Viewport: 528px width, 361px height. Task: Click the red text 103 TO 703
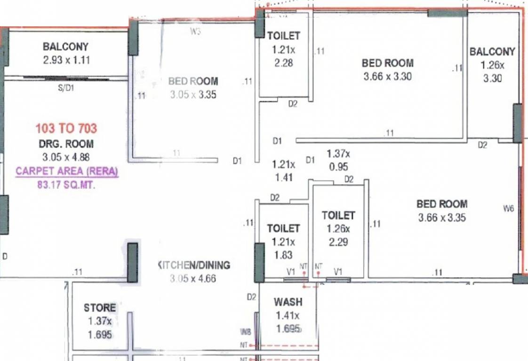[66, 128]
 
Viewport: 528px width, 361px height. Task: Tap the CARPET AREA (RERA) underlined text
[67, 172]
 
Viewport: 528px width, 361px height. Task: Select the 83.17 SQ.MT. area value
[66, 185]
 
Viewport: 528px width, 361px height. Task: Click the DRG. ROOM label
[66, 144]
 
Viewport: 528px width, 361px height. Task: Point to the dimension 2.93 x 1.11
[65, 60]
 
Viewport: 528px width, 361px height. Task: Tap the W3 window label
[195, 32]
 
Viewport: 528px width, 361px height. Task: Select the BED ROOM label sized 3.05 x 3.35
[193, 81]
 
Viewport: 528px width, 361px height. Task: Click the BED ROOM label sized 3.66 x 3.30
[387, 63]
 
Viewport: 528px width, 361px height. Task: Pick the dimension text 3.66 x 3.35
[442, 218]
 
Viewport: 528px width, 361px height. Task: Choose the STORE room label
[100, 308]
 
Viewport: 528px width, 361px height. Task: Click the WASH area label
[288, 302]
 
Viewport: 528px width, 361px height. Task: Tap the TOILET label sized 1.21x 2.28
[283, 36]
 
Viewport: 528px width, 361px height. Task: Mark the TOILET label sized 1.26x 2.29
[338, 215]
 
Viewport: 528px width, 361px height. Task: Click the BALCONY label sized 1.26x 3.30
[492, 52]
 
